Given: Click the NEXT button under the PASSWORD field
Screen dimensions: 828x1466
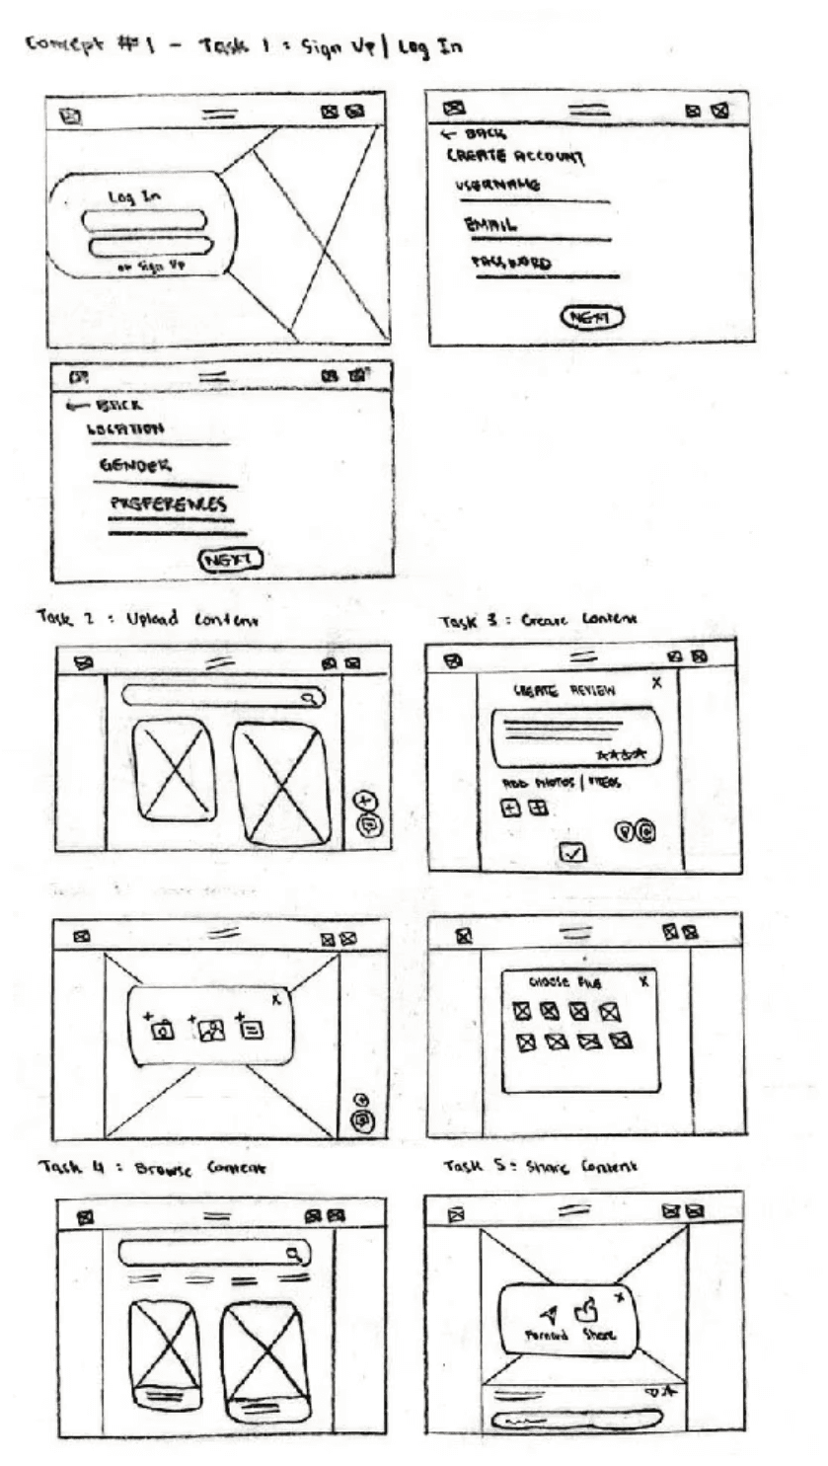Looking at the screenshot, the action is point(593,317).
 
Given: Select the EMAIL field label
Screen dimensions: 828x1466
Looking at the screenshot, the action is point(491,224).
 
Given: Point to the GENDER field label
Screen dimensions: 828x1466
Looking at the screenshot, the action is point(134,466).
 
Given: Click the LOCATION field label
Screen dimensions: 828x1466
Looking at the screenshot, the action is point(124,428).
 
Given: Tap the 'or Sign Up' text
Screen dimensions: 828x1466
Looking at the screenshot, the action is point(151,266).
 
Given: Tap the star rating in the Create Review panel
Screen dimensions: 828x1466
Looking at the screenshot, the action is point(622,754).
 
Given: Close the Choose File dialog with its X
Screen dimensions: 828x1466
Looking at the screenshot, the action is point(643,981).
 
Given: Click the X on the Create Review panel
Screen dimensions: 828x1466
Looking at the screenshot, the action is point(657,682).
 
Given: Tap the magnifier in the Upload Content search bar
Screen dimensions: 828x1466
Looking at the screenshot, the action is point(309,698).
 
